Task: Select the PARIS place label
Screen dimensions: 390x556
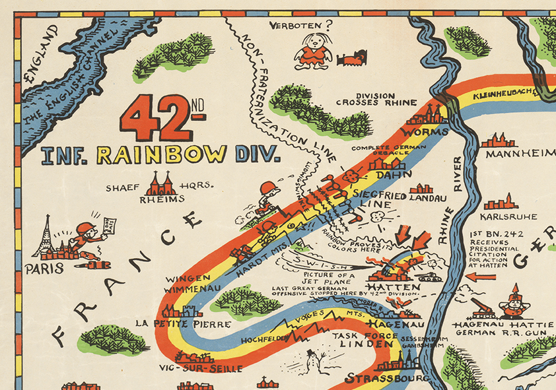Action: point(44,269)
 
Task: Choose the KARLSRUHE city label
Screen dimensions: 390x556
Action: point(508,216)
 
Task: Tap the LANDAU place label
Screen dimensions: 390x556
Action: point(428,197)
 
